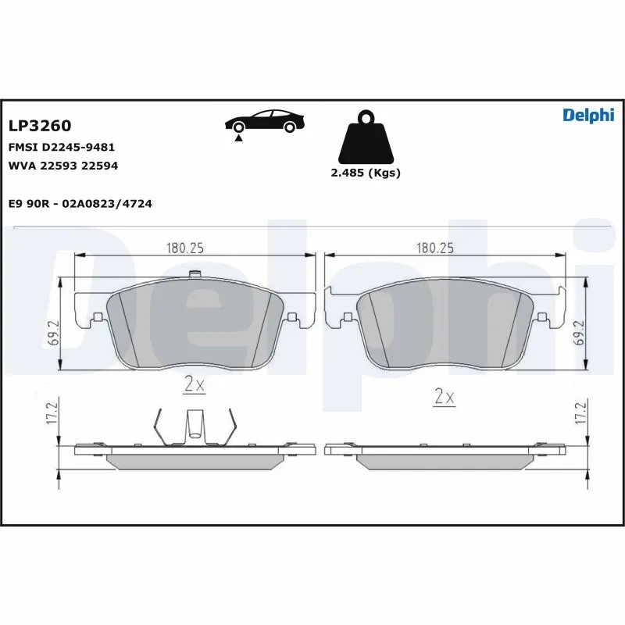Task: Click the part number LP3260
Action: coord(40,126)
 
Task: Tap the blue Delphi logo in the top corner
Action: coord(588,116)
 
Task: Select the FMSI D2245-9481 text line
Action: coord(62,147)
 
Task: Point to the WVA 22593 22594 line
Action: coord(63,166)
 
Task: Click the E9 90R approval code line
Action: coord(80,203)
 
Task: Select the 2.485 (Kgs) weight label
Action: coord(366,173)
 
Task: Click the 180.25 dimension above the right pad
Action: coord(435,248)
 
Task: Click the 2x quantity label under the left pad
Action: coord(194,384)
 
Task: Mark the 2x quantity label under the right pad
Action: coord(444,397)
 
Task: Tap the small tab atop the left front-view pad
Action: coord(196,273)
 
